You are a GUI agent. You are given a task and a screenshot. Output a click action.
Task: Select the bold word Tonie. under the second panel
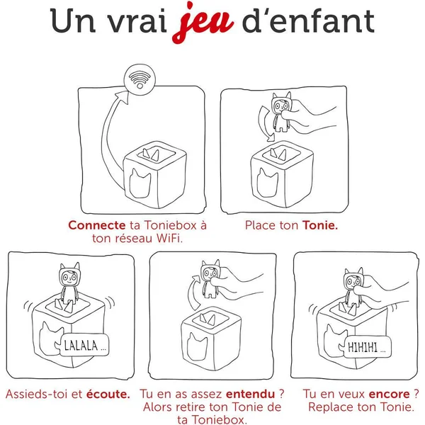pos(320,225)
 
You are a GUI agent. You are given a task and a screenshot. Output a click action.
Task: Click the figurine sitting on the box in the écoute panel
pos(68,285)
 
